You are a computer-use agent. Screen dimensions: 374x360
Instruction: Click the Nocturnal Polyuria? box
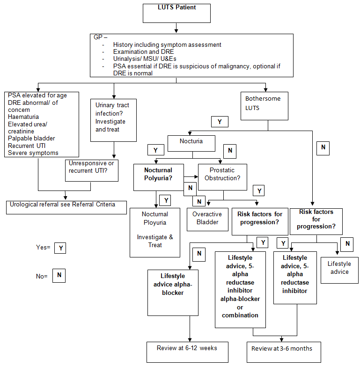[x=158, y=177]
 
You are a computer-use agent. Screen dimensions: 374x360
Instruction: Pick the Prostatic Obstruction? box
[x=222, y=177]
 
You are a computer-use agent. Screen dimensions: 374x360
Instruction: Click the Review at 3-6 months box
[x=284, y=352]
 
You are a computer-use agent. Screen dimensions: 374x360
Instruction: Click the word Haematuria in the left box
[x=23, y=117]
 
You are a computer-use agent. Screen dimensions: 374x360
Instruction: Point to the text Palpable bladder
[x=31, y=138]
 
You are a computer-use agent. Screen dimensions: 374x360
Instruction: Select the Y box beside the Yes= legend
[x=59, y=248]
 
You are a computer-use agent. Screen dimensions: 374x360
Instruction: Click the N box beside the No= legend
[x=59, y=276]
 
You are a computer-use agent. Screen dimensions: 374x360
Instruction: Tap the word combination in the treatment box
[x=240, y=315]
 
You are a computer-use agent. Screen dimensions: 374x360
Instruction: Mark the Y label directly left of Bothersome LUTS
[x=219, y=122]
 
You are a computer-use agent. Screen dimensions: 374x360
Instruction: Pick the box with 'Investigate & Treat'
[x=155, y=233]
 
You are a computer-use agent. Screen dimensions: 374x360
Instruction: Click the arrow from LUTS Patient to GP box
[x=176, y=29]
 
